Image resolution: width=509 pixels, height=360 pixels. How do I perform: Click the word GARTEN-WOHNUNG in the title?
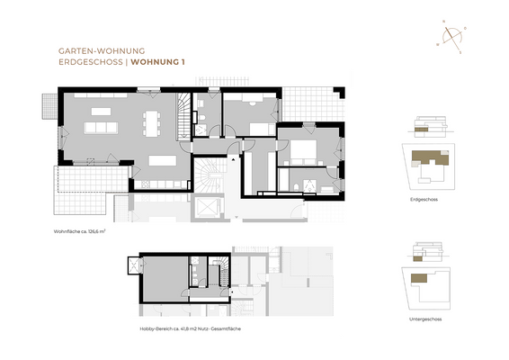click(87, 51)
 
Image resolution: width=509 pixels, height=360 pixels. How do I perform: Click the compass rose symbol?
click(450, 34)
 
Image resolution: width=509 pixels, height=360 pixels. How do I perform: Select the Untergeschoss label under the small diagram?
click(424, 319)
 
